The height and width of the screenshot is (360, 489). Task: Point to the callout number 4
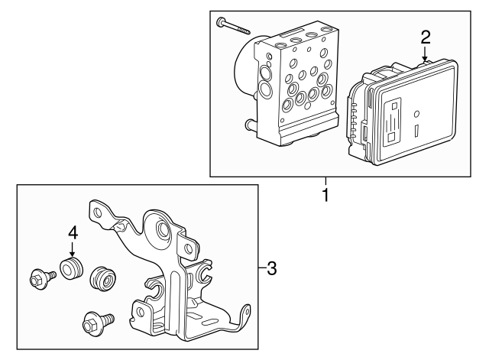pos(73,231)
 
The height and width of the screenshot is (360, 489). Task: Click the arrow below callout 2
pos(425,54)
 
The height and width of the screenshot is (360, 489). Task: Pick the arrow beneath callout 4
pos(73,250)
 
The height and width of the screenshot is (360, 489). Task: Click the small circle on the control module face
pos(416,114)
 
